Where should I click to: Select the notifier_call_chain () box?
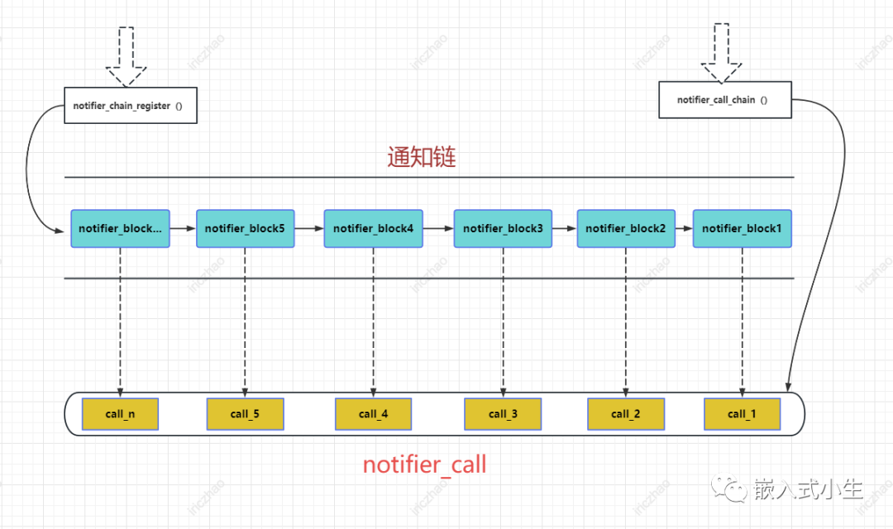725,99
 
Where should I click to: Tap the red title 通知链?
422,157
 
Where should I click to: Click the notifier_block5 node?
246,228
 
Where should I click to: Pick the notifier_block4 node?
374,228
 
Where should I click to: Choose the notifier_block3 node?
503,228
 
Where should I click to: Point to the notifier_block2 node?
626,228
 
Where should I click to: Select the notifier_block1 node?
742,228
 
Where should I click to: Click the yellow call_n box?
120,414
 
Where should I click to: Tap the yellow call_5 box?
245,414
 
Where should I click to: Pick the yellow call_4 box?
373,414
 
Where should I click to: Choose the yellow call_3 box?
503,414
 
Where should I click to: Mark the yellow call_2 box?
626,414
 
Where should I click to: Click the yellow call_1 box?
743,414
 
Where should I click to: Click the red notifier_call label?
425,465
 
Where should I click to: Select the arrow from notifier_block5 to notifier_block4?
309,228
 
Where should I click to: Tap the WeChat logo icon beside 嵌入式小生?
730,489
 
